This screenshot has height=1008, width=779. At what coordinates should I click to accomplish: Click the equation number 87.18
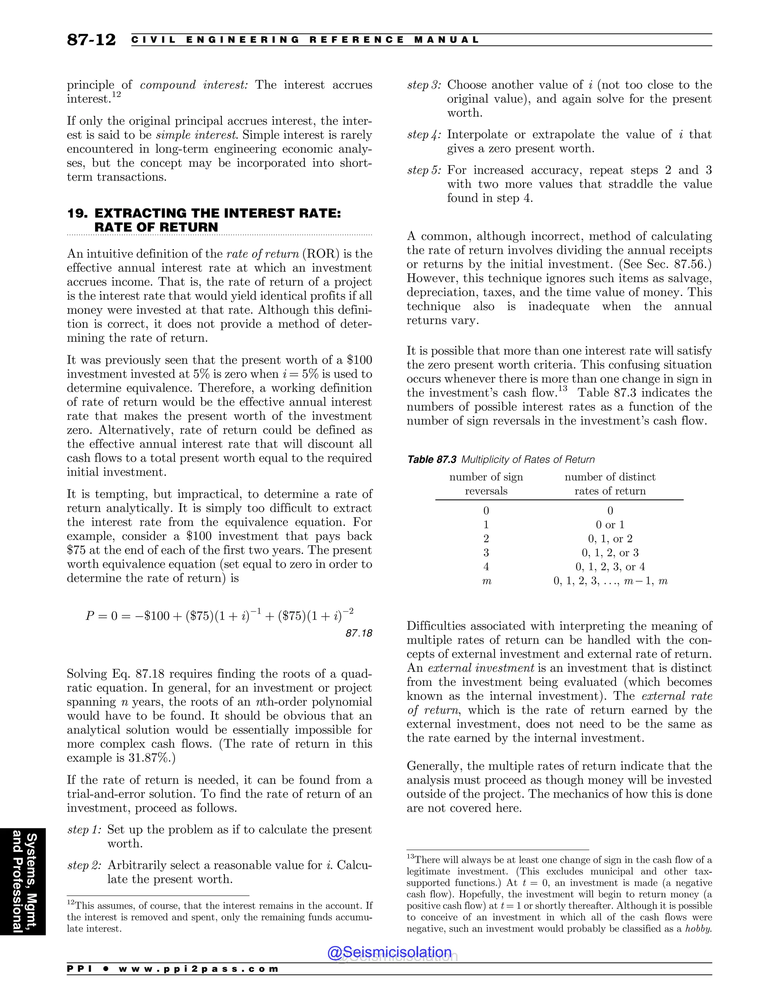tap(359, 633)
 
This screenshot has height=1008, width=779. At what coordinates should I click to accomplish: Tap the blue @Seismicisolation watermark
tap(389, 952)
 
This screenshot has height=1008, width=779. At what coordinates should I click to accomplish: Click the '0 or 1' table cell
tap(610, 525)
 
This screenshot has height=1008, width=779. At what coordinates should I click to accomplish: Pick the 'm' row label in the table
tap(486, 581)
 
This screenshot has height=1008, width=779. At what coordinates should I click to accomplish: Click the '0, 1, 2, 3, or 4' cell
tap(610, 567)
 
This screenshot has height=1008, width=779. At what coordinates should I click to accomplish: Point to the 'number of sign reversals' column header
tap(486, 484)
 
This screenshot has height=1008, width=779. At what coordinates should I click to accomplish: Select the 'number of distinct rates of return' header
tap(610, 484)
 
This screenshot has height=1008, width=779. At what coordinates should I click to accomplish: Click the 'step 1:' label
tap(84, 830)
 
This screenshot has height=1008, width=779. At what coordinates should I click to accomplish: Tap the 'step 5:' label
tap(424, 170)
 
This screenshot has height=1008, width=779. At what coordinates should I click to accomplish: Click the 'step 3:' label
tap(424, 85)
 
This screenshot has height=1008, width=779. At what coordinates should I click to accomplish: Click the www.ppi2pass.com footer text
tap(199, 969)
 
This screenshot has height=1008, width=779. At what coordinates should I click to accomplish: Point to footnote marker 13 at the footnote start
tap(410, 857)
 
